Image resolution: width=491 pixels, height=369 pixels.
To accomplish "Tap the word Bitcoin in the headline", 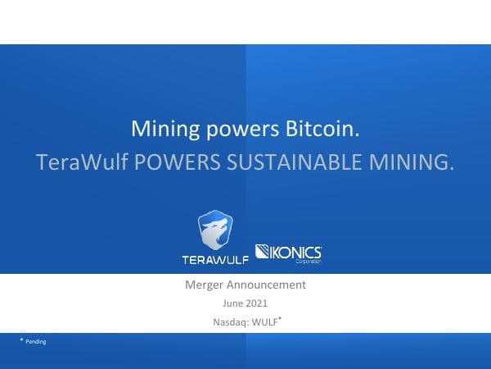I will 322,130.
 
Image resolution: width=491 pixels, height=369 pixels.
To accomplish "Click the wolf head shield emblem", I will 215,230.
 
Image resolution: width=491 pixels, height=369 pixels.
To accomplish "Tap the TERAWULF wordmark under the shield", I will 215,260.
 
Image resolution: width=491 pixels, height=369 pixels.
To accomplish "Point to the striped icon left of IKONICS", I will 265,251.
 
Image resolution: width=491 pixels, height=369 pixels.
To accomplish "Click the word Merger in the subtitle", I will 204,285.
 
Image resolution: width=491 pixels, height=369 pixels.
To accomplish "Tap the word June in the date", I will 234,303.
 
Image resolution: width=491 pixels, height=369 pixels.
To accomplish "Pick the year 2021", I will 257,303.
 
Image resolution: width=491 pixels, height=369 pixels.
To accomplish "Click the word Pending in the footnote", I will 36,342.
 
